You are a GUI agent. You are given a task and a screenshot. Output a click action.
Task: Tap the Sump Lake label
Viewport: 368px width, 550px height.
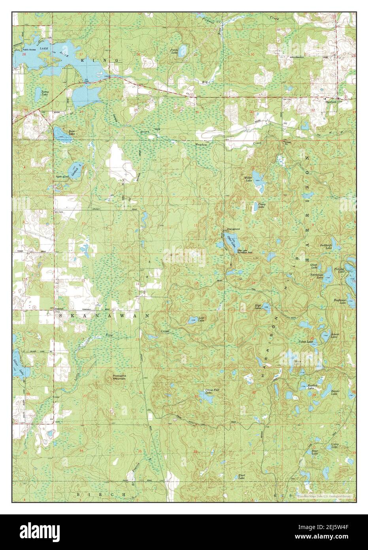[x=45, y=93]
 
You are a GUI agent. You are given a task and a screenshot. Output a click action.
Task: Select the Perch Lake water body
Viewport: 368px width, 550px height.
[x=182, y=51]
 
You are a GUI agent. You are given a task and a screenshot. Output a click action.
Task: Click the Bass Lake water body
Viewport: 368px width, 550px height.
[x=58, y=131]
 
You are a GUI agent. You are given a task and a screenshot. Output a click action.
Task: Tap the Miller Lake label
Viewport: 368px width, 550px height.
[x=248, y=179]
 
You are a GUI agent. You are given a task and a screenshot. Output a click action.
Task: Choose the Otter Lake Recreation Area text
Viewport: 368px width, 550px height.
[x=245, y=251]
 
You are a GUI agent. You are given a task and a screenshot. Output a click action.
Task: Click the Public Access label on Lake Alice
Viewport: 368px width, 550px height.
[x=32, y=50]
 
